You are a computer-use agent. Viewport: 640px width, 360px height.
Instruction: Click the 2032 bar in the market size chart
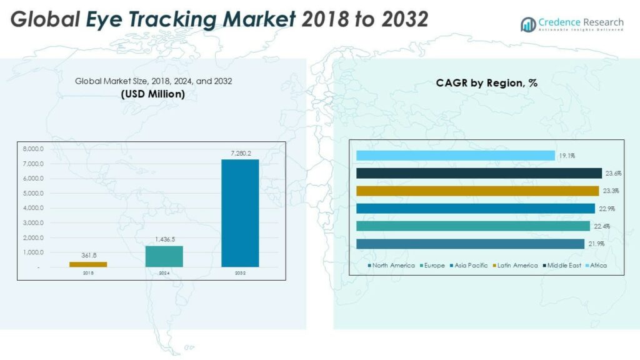[x=240, y=213]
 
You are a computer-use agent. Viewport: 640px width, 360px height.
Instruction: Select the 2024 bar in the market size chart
[x=164, y=256]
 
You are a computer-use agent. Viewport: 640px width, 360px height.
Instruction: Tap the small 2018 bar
[x=88, y=264]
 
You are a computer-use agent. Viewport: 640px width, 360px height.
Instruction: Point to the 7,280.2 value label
[x=240, y=153]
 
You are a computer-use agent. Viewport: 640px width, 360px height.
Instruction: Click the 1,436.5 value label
[x=164, y=239]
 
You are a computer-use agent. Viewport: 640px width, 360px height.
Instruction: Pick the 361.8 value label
[x=88, y=255]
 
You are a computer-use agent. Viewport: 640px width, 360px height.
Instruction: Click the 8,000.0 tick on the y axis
[x=32, y=149]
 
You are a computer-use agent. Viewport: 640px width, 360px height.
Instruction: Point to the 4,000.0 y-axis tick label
[x=32, y=208]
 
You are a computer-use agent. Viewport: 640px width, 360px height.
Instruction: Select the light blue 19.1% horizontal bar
[x=455, y=156]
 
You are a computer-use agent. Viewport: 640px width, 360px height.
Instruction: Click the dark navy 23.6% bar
[x=479, y=173]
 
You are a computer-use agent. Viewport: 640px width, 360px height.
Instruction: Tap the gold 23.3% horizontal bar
[x=477, y=191]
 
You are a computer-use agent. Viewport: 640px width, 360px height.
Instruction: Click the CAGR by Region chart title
[x=487, y=82]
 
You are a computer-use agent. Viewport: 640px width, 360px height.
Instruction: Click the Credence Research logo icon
[x=528, y=24]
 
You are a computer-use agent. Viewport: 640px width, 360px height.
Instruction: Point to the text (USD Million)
[x=152, y=94]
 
